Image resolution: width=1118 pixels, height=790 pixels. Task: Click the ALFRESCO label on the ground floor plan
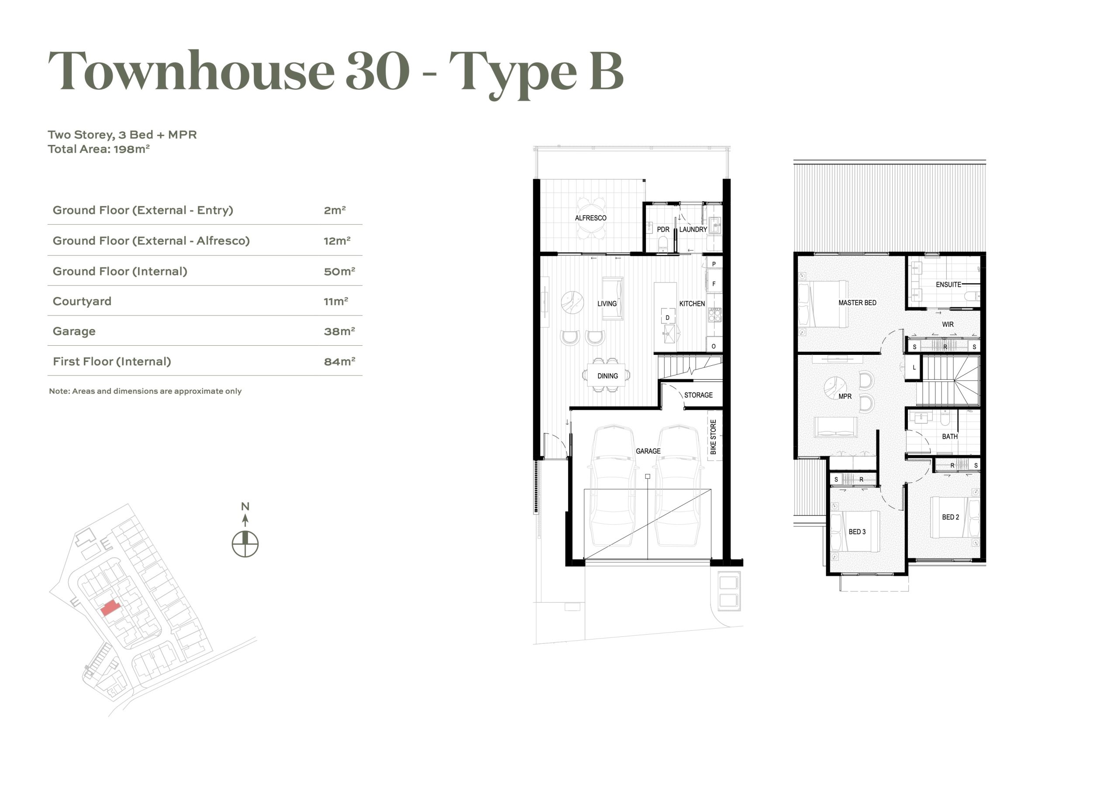coord(590,218)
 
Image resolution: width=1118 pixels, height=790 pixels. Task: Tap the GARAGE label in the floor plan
coord(648,451)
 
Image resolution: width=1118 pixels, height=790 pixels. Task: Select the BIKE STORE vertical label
coord(713,437)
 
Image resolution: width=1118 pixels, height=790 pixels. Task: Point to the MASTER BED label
coord(857,303)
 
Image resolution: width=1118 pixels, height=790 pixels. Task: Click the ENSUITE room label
coord(948,285)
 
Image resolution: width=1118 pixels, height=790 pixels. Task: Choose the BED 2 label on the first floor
coord(950,517)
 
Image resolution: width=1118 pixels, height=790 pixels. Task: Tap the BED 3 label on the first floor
coord(857,532)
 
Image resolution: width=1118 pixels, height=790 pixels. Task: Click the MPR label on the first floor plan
coord(845,396)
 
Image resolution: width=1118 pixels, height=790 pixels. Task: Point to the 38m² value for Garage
coord(339,331)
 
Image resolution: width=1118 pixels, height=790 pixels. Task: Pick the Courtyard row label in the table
coord(82,301)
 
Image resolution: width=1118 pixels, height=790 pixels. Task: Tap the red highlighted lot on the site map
coord(110,608)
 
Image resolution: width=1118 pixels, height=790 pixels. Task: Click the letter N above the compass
coord(245,507)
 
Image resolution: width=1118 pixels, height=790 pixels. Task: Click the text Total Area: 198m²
coord(98,149)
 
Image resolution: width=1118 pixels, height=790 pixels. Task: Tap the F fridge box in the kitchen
coord(714,284)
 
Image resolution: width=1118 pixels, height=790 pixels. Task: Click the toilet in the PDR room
coord(663,244)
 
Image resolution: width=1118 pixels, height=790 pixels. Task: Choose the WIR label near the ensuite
coord(948,325)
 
